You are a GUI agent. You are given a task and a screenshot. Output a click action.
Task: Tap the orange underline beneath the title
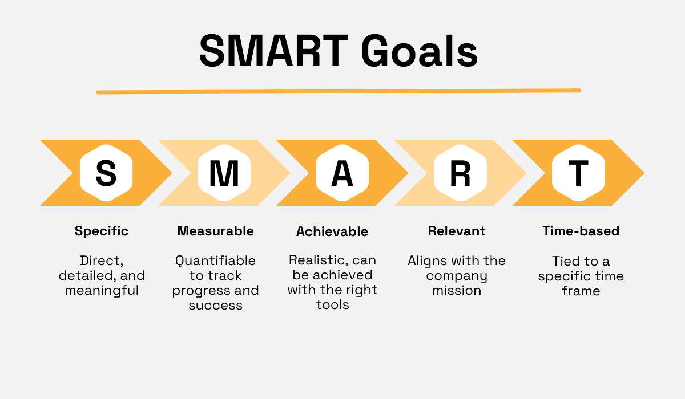tap(339, 91)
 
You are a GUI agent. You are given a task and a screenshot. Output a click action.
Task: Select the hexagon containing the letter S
tap(106, 173)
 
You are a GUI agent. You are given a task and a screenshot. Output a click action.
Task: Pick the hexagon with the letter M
tap(224, 173)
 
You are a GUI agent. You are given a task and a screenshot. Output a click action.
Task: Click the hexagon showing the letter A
tap(342, 173)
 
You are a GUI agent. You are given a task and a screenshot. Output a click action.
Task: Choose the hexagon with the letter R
tap(460, 173)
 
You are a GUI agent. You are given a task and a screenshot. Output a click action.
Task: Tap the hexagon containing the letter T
tap(578, 173)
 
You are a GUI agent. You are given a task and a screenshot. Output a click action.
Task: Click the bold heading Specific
tap(102, 231)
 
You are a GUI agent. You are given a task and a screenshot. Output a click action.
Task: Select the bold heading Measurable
tap(215, 231)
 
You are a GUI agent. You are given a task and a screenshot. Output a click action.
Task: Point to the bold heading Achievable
tap(332, 231)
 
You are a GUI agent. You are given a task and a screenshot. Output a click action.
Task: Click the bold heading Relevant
tap(457, 231)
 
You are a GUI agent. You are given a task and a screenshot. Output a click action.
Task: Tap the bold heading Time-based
tap(581, 231)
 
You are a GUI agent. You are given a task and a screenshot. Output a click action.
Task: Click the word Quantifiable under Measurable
tap(215, 261)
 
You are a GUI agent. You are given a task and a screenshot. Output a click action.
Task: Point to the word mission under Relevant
tap(457, 291)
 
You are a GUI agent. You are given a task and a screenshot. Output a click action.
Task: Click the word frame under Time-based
tap(581, 291)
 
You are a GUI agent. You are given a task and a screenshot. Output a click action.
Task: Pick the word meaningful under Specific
tap(102, 291)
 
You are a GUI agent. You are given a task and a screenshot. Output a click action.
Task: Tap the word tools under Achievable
tap(332, 305)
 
